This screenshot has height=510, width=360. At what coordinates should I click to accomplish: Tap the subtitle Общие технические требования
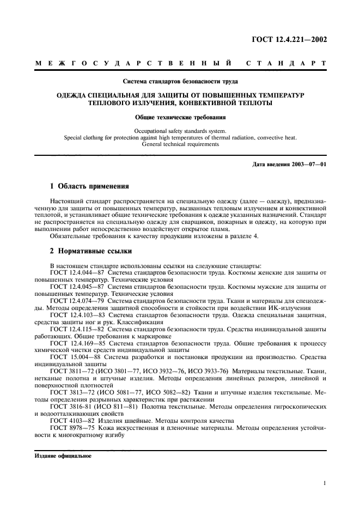(x=180, y=117)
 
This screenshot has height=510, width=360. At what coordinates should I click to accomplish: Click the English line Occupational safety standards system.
(x=180, y=131)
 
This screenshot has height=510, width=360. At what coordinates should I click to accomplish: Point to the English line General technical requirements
(x=180, y=144)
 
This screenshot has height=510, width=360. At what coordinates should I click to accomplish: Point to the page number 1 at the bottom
(x=324, y=483)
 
